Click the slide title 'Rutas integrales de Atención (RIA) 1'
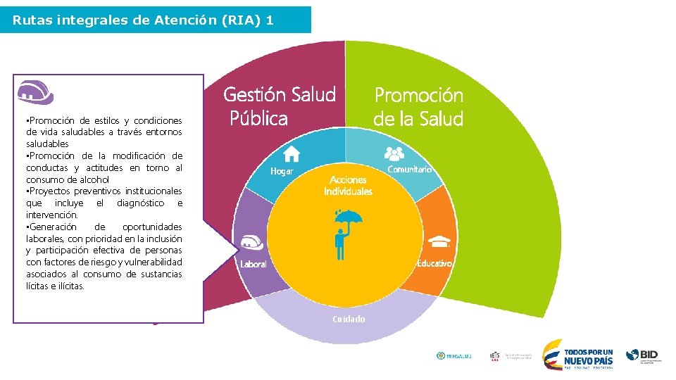pos(143,20)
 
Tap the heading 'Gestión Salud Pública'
pos(279,106)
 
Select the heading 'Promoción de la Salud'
pos(418,107)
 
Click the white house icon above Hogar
pos(292,153)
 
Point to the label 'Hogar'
pos(282,172)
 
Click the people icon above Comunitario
pos(395,152)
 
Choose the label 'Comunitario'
pos(409,170)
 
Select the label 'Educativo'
pos(434,263)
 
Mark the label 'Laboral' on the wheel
pos(254,265)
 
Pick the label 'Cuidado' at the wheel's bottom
pos(349,319)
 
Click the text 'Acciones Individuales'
pos(348,186)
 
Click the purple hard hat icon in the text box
pos(37,91)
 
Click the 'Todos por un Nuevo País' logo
pos(578,355)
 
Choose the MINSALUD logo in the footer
pos(454,356)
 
